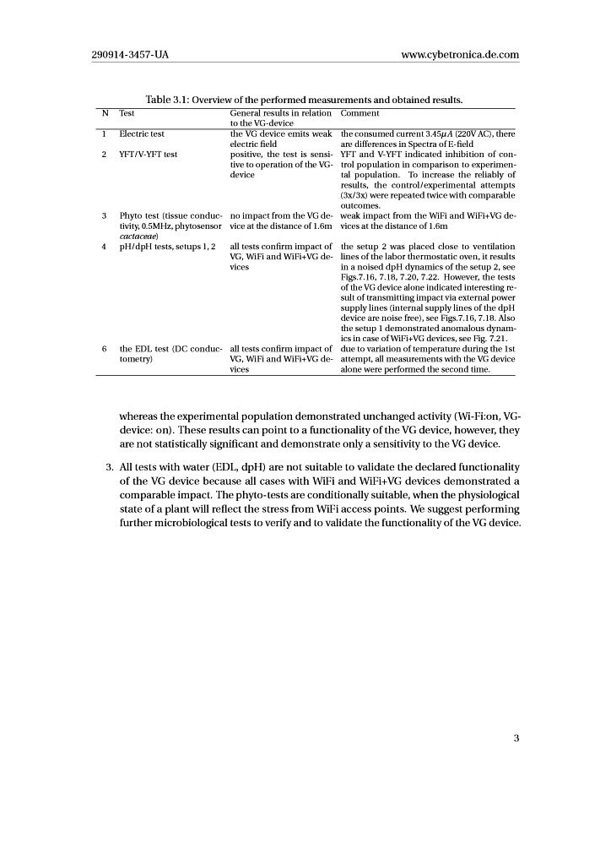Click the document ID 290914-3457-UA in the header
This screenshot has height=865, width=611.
click(x=130, y=55)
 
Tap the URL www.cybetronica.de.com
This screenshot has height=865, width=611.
click(x=460, y=55)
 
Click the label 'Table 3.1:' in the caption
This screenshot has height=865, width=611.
click(x=169, y=101)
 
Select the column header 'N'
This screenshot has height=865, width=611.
click(x=105, y=112)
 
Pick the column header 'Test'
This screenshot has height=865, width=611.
click(x=127, y=112)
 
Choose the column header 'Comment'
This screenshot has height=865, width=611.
click(x=360, y=112)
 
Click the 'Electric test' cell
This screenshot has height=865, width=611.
click(x=142, y=133)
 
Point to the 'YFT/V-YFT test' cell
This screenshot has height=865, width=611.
click(x=148, y=154)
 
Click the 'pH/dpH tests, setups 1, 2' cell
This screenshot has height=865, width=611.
click(x=167, y=246)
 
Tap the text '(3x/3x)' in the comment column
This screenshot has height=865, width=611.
click(x=355, y=195)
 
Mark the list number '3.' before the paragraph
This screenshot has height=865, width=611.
click(x=110, y=467)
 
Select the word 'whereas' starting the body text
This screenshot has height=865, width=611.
click(x=140, y=415)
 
